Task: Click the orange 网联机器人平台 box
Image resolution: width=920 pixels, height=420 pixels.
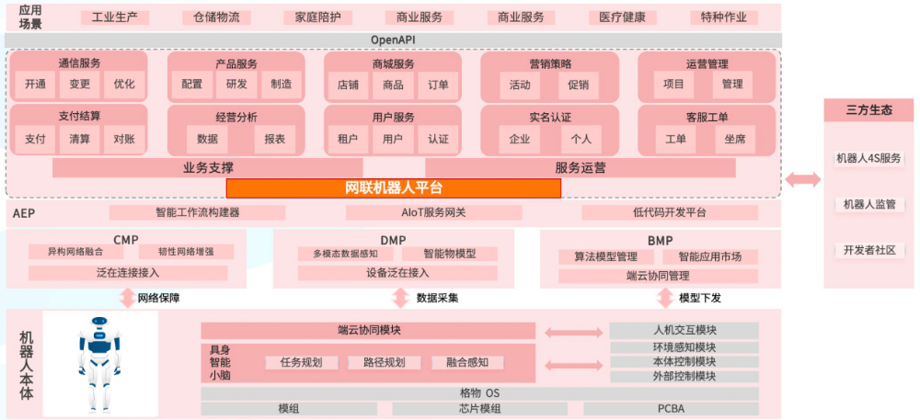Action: click(394, 188)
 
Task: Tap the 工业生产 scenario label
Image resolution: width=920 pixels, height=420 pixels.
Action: click(114, 17)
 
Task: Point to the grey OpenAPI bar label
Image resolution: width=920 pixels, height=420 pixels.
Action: click(394, 40)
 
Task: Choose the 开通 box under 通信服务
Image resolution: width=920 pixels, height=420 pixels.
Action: click(36, 85)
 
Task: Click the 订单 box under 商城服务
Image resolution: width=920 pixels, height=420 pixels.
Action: click(438, 85)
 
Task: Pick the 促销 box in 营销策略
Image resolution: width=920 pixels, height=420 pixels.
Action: click(579, 85)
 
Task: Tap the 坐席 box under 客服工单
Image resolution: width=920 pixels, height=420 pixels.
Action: click(735, 139)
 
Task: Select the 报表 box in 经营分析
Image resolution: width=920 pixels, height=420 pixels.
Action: click(274, 139)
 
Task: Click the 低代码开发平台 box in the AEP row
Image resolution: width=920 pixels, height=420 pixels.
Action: click(670, 212)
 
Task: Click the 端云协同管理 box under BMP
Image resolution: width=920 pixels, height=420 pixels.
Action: click(658, 275)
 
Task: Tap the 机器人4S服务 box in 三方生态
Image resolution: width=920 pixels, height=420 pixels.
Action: click(868, 158)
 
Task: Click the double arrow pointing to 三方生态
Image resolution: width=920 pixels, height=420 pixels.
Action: click(802, 180)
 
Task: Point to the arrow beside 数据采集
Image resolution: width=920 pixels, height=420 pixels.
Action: click(400, 298)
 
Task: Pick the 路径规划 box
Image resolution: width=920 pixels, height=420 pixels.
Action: click(377, 362)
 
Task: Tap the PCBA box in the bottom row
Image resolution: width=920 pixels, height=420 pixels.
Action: click(671, 409)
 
